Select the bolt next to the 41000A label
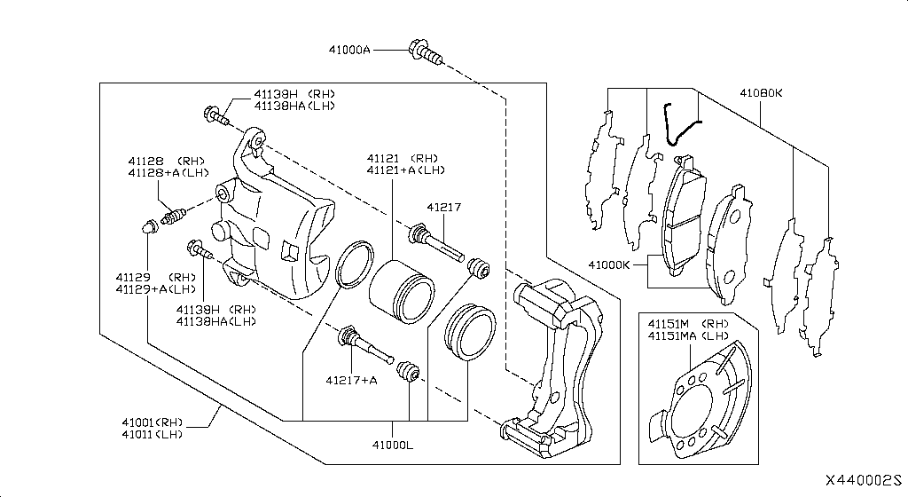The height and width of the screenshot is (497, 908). pyautogui.click(x=424, y=51)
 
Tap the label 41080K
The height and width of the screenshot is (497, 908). pyautogui.click(x=761, y=91)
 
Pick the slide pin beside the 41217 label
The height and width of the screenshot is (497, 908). pyautogui.click(x=436, y=243)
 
